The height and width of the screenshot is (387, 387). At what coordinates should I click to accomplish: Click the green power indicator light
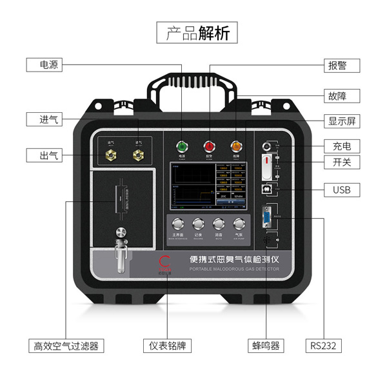point(181,145)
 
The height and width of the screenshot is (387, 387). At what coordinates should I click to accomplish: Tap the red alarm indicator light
point(209,145)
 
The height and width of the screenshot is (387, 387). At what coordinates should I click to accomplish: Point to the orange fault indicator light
point(236,145)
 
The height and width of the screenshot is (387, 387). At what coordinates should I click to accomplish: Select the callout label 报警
point(341,65)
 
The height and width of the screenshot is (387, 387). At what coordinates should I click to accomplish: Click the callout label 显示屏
point(341,121)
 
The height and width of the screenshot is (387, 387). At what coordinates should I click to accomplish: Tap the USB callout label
point(341,190)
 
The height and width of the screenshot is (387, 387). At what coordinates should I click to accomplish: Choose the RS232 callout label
point(323,346)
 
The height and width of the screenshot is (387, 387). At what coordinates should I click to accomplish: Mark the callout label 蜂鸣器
point(266,346)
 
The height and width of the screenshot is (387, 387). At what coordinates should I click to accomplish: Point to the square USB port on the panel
point(265,190)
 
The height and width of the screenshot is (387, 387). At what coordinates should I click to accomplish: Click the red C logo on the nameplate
point(164,262)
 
